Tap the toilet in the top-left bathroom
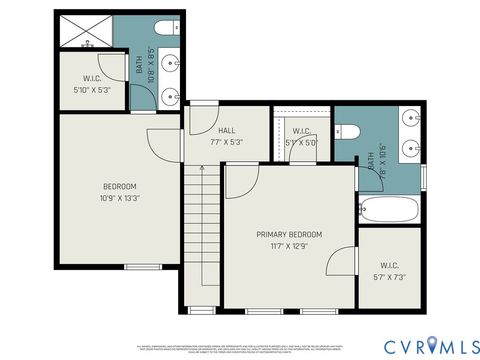166,29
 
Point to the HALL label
226,129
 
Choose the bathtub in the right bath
391,210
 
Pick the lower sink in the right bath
410,150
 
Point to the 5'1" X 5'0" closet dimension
301,143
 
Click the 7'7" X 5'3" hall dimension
226,141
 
